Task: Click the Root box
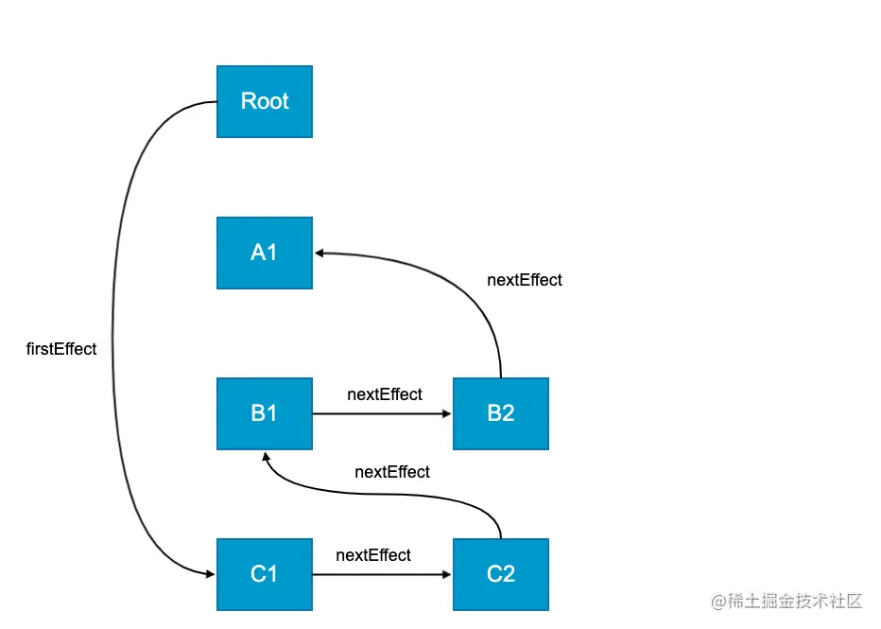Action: coord(265,102)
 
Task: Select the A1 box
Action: coord(265,253)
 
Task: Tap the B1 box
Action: coord(265,413)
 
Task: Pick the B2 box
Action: coord(501,413)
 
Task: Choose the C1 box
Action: coord(265,574)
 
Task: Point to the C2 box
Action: coord(501,574)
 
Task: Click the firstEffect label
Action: coord(61,349)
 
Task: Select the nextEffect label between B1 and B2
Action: coord(385,394)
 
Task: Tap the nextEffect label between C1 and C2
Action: coord(373,555)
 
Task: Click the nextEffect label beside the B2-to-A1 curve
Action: coord(525,280)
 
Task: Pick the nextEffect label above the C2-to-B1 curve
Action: coord(392,472)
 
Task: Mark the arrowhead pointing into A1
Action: coord(320,253)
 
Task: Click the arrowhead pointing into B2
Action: coord(447,413)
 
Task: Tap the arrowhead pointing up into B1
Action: coord(267,457)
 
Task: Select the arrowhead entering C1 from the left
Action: coord(211,574)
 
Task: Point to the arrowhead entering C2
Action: coord(447,574)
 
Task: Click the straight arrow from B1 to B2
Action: coord(382,413)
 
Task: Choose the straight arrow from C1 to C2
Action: coord(382,574)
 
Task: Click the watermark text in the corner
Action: coord(786,601)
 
